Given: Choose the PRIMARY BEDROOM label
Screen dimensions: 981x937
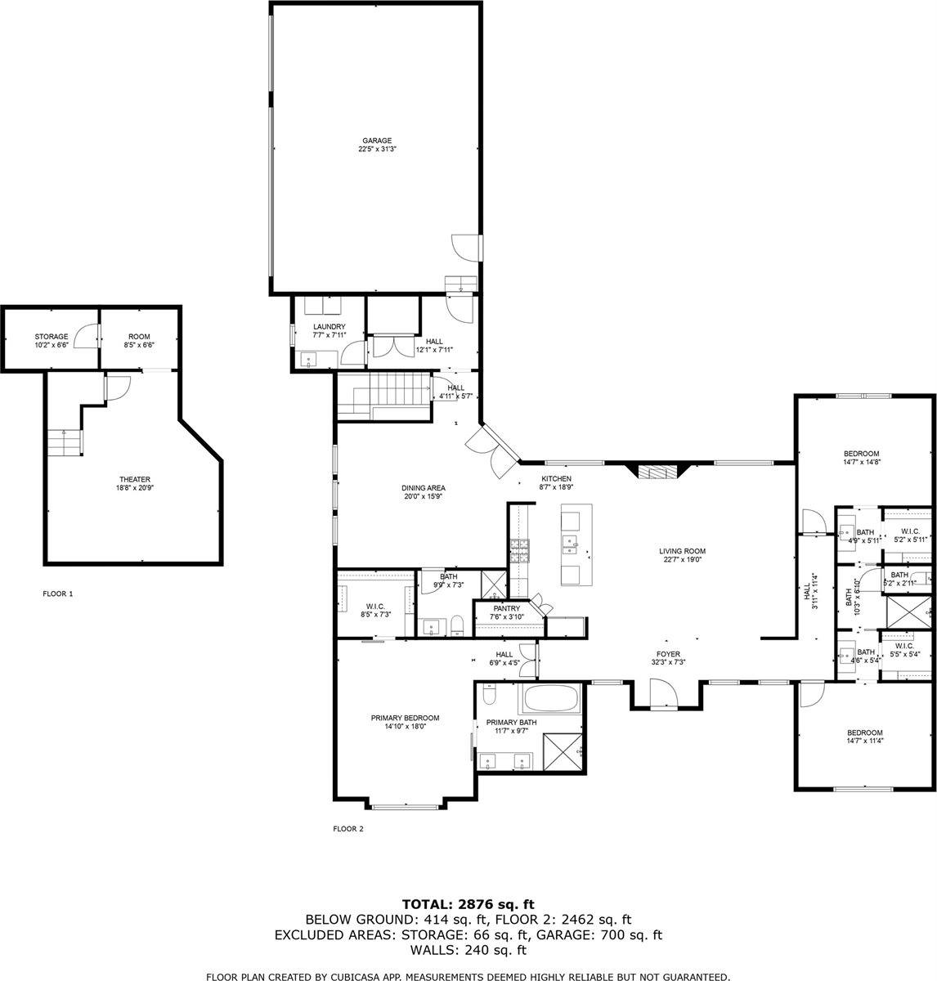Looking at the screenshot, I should click(x=405, y=718).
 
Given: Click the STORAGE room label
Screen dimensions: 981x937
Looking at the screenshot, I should click(x=52, y=337).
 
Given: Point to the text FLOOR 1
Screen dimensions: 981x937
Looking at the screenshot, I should click(x=58, y=594).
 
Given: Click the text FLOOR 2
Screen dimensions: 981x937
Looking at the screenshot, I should click(x=347, y=828).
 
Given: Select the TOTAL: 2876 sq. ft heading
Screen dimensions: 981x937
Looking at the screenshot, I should click(x=468, y=903).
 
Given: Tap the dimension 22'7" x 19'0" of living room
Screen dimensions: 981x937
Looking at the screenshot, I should click(x=682, y=560).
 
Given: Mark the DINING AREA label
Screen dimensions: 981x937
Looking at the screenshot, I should click(x=423, y=488).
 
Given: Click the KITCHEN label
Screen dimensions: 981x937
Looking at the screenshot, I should click(x=556, y=479).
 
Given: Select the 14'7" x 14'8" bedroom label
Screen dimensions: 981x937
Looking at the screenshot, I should click(x=861, y=454).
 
